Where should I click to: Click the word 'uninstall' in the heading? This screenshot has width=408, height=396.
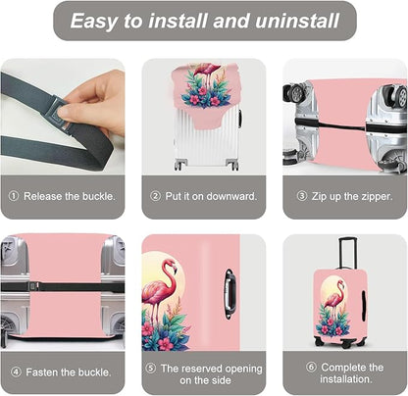[x=297, y=21]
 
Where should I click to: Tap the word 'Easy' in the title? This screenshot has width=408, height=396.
[x=94, y=22]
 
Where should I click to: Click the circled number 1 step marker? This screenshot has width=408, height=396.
[x=14, y=196]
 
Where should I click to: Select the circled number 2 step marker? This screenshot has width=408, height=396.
[x=155, y=196]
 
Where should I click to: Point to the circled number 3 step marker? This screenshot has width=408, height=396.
[x=301, y=196]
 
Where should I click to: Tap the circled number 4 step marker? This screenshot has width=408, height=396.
[x=16, y=371]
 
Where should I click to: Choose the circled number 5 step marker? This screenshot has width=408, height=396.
[x=150, y=369]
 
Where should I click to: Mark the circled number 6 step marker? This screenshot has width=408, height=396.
[x=311, y=368]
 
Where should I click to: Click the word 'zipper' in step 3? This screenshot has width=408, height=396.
[x=377, y=197]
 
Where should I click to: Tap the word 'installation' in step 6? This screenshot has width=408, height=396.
[x=346, y=379]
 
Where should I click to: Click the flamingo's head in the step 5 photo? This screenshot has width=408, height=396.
[x=171, y=266]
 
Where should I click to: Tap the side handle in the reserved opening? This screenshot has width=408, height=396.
[x=229, y=293]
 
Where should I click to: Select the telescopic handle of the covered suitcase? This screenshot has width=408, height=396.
[x=347, y=254]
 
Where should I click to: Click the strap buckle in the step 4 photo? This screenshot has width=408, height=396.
[x=33, y=286]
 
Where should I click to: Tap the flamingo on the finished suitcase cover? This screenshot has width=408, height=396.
[x=336, y=297]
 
